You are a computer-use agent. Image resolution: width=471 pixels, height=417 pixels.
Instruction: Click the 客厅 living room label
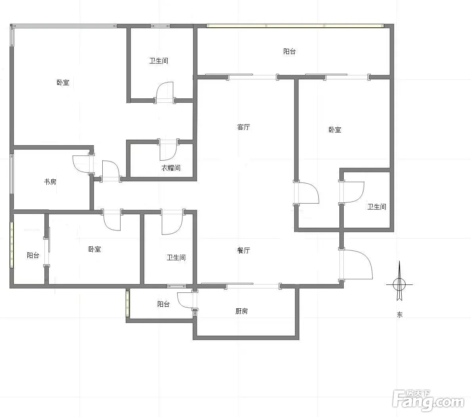point(243,127)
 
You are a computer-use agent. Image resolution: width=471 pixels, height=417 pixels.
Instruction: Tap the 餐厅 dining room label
point(243,250)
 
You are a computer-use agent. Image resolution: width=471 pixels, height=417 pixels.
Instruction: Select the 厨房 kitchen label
point(241,311)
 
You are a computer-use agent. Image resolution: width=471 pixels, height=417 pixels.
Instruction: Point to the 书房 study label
point(50,182)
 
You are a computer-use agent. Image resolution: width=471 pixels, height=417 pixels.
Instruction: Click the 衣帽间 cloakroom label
point(171,168)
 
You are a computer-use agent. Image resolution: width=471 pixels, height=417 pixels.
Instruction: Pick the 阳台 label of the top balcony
point(289,52)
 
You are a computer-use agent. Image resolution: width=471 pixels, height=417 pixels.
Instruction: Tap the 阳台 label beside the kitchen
point(163,304)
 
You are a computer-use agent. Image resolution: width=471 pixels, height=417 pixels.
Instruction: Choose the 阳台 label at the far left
point(33,255)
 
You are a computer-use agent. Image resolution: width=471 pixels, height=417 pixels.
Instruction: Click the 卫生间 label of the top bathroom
point(159,61)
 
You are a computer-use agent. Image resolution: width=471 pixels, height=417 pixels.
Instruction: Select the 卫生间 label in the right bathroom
point(377,207)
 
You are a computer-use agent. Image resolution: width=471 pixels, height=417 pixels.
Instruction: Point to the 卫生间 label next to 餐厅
point(176,258)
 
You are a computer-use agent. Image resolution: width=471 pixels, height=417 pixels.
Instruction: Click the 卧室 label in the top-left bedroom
point(63,83)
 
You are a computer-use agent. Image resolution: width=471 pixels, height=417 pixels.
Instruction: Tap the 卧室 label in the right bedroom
point(335,130)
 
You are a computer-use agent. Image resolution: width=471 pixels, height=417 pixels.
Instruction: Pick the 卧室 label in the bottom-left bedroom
point(95,249)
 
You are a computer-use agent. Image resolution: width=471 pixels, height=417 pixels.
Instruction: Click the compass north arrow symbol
point(399,281)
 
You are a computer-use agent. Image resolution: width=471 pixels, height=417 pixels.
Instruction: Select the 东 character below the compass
point(400,315)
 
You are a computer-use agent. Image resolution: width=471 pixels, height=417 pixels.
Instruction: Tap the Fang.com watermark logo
point(428,400)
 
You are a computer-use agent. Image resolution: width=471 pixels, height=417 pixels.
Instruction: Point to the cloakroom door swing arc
point(173,155)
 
